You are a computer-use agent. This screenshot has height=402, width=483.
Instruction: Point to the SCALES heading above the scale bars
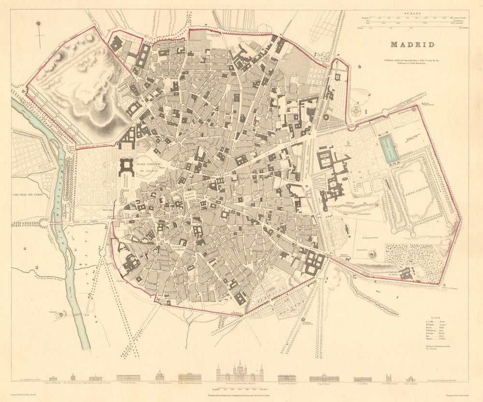tap(413, 14)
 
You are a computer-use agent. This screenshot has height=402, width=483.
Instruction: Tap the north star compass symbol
tap(39, 24)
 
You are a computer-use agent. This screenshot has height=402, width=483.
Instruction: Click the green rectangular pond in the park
tap(388, 148)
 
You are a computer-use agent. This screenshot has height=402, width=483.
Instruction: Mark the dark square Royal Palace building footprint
tap(126, 167)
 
